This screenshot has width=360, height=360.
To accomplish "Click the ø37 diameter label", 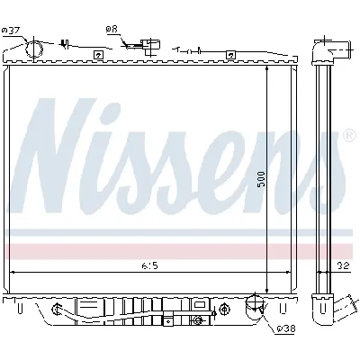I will click(12, 31).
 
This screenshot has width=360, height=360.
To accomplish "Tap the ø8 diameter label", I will click(112, 30).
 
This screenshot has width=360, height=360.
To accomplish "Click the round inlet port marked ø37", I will click(35, 49).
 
